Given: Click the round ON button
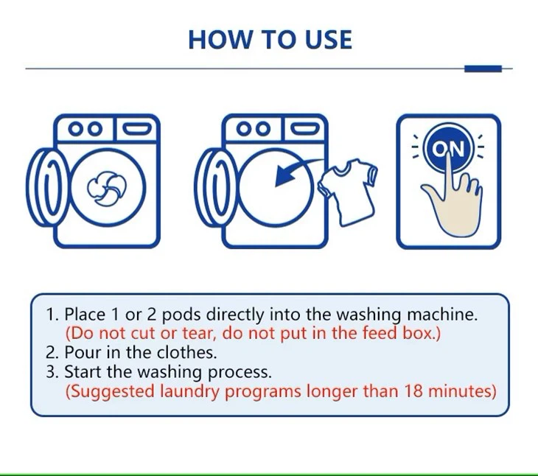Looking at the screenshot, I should pyautogui.click(x=448, y=150).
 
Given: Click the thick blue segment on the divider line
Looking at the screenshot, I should pyautogui.click(x=483, y=69).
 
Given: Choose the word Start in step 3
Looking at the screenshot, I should pyautogui.click(x=82, y=372).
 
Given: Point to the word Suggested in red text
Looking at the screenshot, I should pyautogui.click(x=111, y=391).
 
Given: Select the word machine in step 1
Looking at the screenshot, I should pyautogui.click(x=444, y=315).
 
